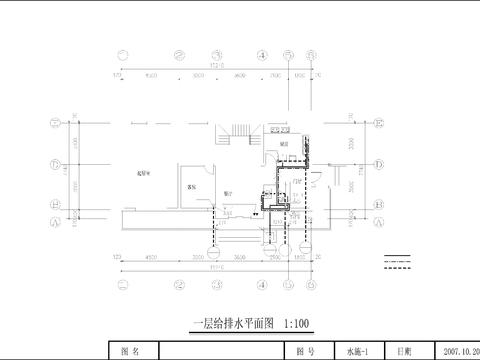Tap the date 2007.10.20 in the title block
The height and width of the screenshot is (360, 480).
click(x=456, y=352)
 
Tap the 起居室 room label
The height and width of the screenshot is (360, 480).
click(x=145, y=174)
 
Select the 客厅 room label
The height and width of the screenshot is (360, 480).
click(x=191, y=187)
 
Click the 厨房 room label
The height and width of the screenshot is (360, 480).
click(x=284, y=145)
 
